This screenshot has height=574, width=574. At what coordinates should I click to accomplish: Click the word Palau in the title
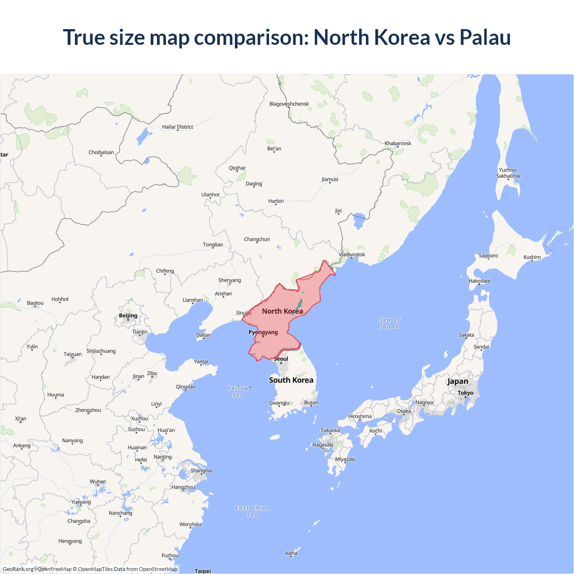pyautogui.click(x=485, y=37)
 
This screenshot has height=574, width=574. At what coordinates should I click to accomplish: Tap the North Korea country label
pyautogui.click(x=283, y=311)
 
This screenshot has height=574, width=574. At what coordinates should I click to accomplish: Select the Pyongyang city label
pyautogui.click(x=263, y=332)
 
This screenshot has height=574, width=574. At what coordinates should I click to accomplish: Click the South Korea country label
pyautogui.click(x=291, y=380)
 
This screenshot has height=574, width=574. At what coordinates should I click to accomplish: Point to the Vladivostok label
pyautogui.click(x=352, y=255)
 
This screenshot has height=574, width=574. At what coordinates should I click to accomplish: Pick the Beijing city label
pyautogui.click(x=128, y=316)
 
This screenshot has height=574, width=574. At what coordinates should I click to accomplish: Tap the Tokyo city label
pyautogui.click(x=465, y=393)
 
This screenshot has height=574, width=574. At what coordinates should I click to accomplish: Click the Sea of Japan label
pyautogui.click(x=389, y=323)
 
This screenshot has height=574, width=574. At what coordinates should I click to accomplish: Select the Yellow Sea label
pyautogui.click(x=238, y=391)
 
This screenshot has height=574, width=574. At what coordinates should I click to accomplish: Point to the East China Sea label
pyautogui.click(x=252, y=511)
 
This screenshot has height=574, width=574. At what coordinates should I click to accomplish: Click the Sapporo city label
pyautogui.click(x=488, y=256)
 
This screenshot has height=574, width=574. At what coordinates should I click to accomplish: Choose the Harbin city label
pyautogui.click(x=276, y=201)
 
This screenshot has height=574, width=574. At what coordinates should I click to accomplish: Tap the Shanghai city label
pyautogui.click(x=201, y=471)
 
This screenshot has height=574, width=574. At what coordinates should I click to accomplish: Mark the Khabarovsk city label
pyautogui.click(x=398, y=143)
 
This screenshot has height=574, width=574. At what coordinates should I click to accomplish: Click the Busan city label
pyautogui.click(x=311, y=403)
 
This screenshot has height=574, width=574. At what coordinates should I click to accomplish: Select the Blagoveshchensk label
pyautogui.click(x=289, y=104)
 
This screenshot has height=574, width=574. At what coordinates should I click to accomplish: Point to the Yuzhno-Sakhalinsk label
pyautogui.click(x=508, y=173)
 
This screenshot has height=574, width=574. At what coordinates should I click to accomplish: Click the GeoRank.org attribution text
pyautogui.click(x=18, y=569)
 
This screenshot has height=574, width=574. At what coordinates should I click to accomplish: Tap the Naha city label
pyautogui.click(x=291, y=553)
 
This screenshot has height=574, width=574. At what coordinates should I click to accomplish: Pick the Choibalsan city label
pyautogui.click(x=101, y=152)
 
